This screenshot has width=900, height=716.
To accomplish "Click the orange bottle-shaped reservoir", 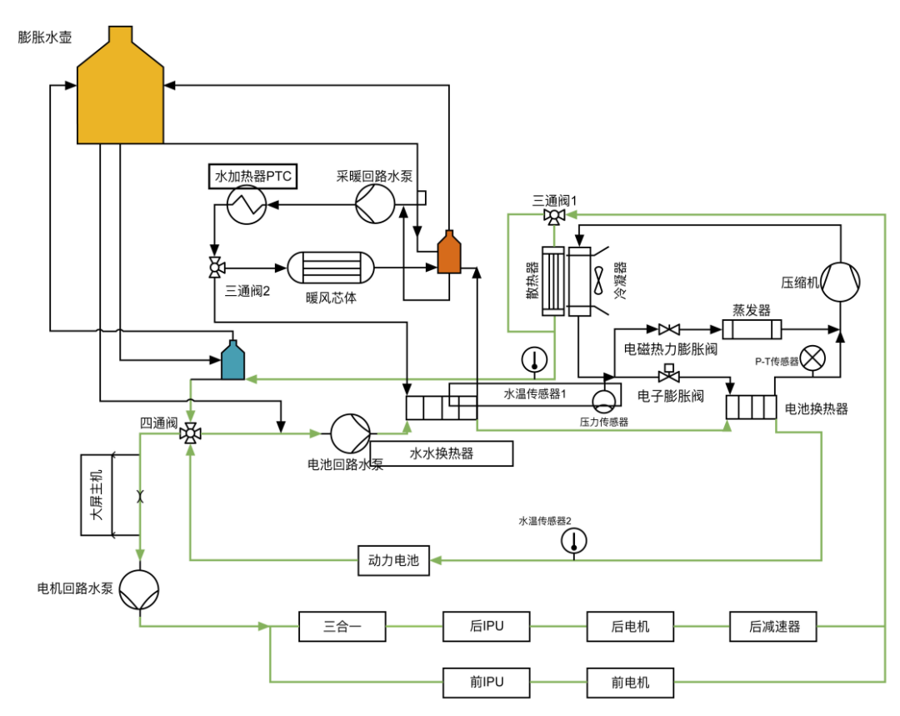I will point(449,253).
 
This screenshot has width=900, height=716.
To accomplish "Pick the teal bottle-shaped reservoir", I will point(232,360).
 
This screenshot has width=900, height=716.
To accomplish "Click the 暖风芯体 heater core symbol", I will point(331,268).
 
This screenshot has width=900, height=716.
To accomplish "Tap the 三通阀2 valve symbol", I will point(215,268).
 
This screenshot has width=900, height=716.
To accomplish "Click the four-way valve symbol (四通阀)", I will point(190,433).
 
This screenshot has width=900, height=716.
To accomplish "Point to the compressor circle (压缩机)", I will point(840,282).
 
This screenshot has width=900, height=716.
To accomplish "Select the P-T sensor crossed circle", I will point(812,358).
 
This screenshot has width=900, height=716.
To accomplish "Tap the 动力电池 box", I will point(393,561).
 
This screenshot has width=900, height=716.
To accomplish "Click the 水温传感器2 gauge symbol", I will point(574,541).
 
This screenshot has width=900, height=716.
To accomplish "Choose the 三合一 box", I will point(342,626).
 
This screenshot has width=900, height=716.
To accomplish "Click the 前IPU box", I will point(486,683).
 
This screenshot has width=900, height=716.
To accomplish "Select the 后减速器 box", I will point(774,626).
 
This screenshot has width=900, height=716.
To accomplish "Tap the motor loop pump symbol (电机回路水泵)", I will point(138,590).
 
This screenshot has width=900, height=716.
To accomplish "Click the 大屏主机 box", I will point(97,495).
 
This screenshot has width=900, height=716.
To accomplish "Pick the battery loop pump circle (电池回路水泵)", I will point(351,433).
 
